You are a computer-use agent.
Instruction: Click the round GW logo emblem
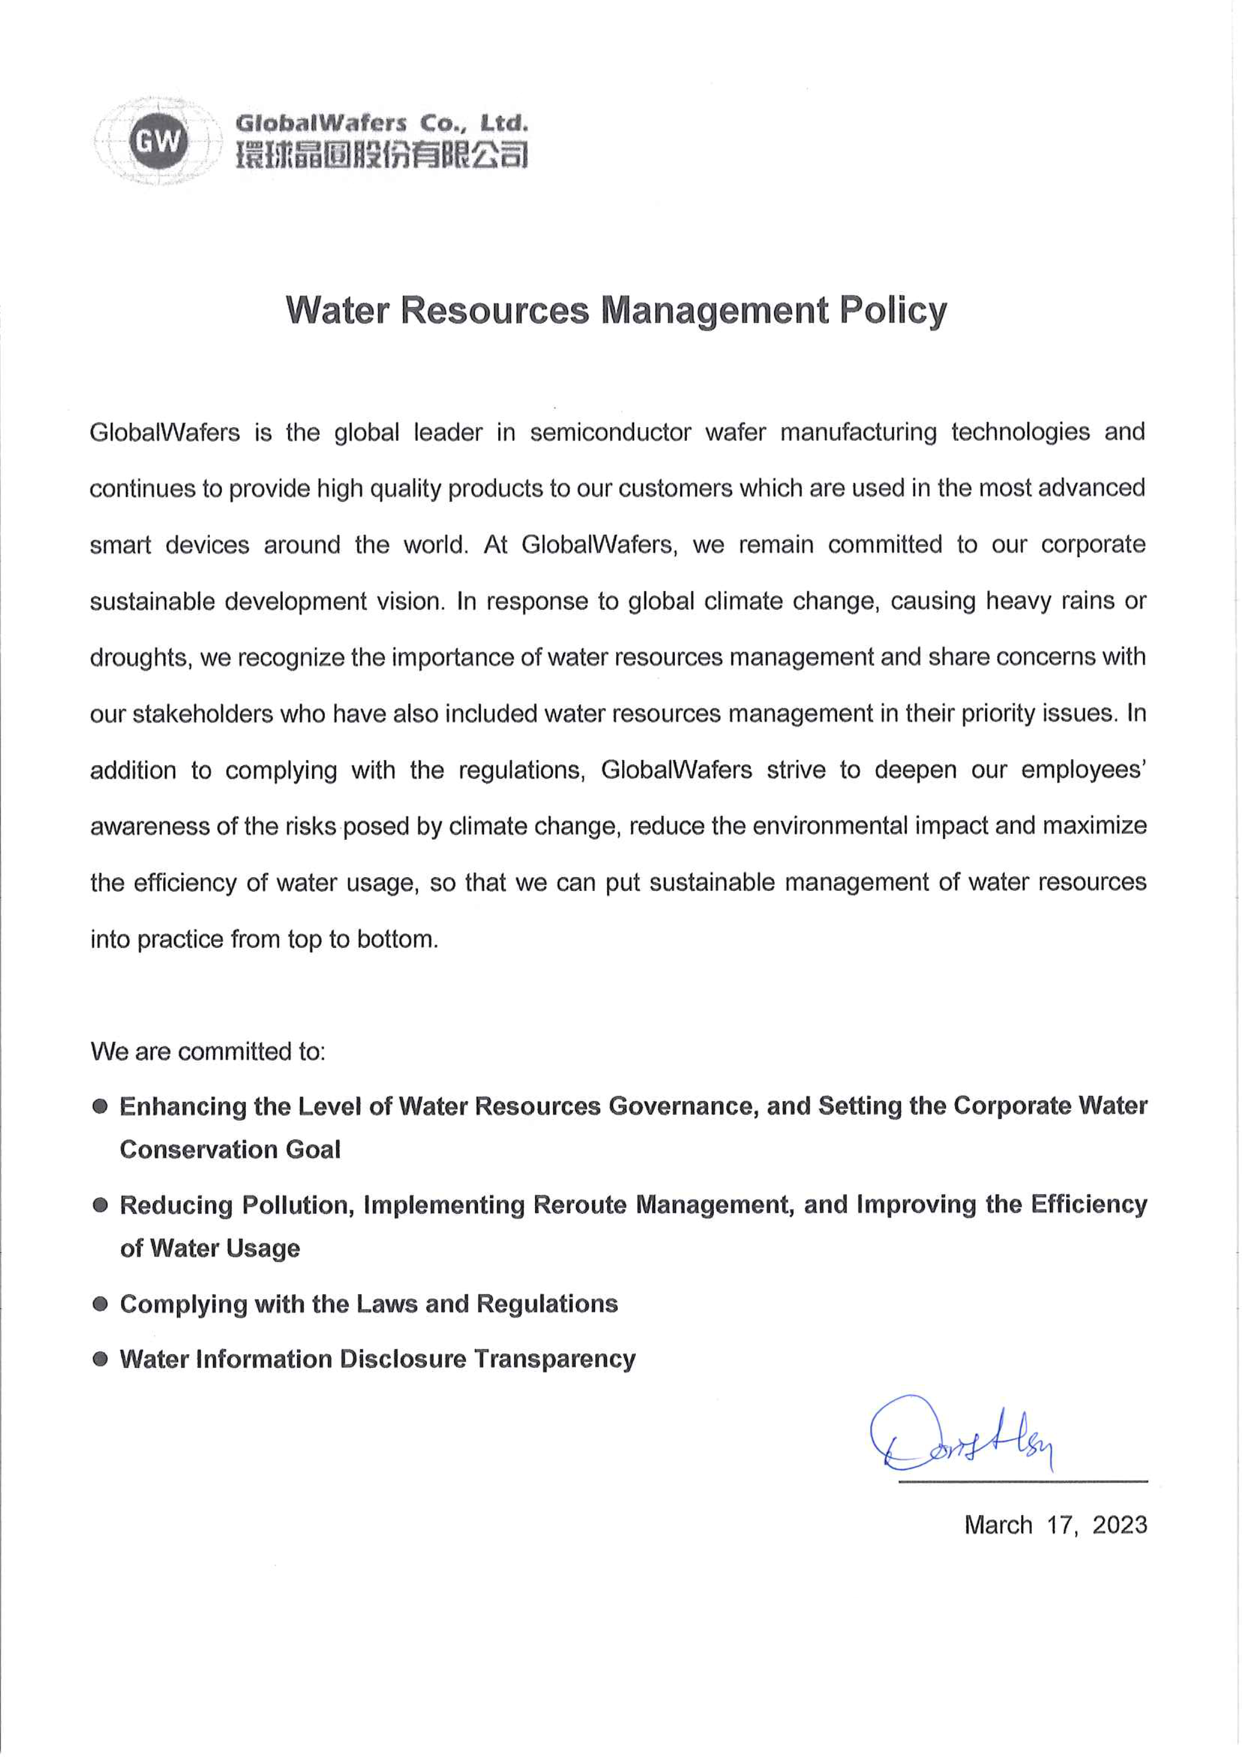tap(158, 142)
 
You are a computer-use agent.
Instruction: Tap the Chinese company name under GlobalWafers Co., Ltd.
tap(381, 155)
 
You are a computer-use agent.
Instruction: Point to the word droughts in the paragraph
tap(139, 658)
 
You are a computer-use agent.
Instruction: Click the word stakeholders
tap(202, 714)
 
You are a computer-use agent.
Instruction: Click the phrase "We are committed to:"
tap(207, 1051)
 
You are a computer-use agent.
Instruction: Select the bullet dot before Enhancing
tap(100, 1107)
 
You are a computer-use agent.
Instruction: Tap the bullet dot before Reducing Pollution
tap(100, 1205)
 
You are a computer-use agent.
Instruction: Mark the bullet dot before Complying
tap(100, 1304)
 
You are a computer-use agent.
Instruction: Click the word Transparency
tap(554, 1359)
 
